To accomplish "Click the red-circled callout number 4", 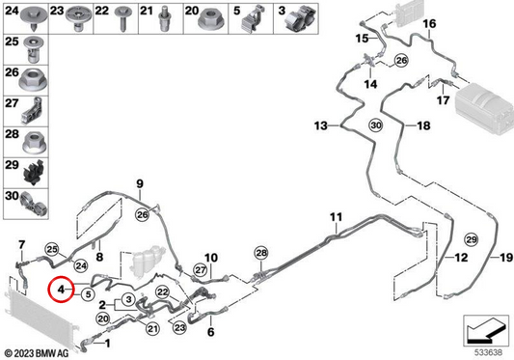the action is point(61,290).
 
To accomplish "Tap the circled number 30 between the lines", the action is point(376,125).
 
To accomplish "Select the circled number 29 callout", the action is point(472,240).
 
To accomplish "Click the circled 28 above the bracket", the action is point(261,253).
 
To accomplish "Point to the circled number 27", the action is point(201,270).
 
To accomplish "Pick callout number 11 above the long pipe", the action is point(336,217).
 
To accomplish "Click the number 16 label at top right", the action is point(429,23).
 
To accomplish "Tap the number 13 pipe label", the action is point(320,125).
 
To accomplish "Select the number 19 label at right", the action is point(506,258).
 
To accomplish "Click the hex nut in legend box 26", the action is point(33,80).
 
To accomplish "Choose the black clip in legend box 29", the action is point(34,173).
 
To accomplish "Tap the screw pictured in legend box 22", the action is point(123,18).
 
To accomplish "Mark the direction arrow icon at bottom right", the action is point(486,331).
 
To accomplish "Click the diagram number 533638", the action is point(488,353).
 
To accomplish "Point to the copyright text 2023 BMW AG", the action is point(37,353).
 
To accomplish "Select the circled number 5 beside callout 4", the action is point(88,294).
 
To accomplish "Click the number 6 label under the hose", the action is point(211,332).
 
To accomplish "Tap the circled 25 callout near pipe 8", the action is point(52,249).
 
